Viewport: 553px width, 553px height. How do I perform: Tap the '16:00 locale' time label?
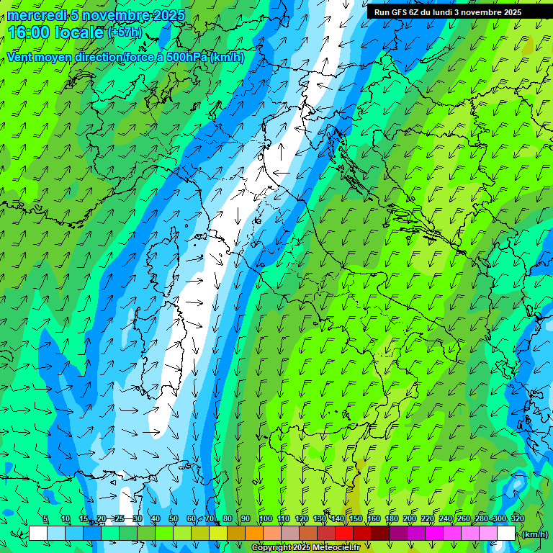[56, 32]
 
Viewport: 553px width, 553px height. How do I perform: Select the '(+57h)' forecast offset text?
[125, 32]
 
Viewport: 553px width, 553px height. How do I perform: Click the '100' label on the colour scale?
[266, 518]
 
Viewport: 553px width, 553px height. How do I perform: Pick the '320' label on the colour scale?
[517, 518]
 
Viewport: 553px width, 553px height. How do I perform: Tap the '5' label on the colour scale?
[45, 518]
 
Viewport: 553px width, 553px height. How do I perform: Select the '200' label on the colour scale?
[410, 518]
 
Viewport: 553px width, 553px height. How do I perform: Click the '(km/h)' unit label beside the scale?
[535, 534]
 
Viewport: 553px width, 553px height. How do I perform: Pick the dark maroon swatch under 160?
[380, 534]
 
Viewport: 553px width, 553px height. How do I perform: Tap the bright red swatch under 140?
[344, 534]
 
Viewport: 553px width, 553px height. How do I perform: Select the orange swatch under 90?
[254, 534]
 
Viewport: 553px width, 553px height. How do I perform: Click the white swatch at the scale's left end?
[38, 534]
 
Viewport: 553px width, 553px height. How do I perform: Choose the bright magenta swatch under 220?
[434, 534]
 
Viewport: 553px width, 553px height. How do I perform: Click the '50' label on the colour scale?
[173, 518]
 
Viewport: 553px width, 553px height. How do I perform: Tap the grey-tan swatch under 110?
[290, 534]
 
